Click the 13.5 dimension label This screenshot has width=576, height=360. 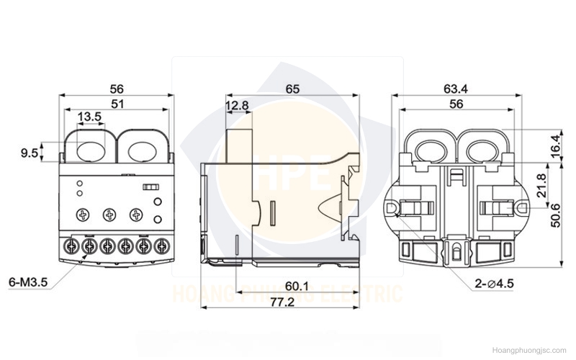coord(89,117)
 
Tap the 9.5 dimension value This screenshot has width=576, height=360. coord(29,153)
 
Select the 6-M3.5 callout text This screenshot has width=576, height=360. coord(28,282)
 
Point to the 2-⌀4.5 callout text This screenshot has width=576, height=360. coord(494,283)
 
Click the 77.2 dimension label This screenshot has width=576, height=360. coord(282,302)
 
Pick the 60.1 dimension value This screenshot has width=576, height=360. coord(297,285)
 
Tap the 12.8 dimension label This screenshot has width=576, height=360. coord(237,106)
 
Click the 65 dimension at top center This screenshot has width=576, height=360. coord(292,89)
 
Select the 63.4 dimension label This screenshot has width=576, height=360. coord(456,89)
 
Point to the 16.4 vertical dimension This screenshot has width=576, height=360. coord(557,146)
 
